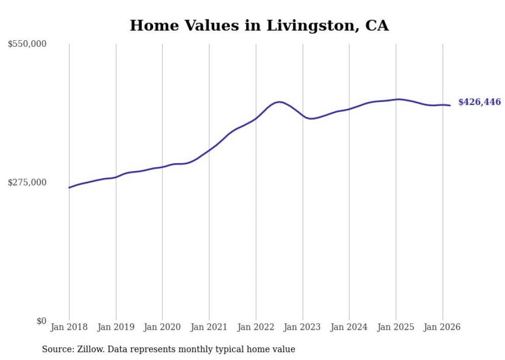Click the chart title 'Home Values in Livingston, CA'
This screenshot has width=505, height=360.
[x=259, y=25]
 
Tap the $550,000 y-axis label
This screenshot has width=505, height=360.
[x=27, y=44]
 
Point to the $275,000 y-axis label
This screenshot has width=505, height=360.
[x=27, y=182]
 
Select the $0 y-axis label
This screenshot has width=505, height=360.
[x=41, y=321]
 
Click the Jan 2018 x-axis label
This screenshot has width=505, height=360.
[x=69, y=327]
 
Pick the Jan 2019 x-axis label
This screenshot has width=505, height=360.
[x=116, y=327]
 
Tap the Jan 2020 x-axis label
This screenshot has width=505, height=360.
[x=162, y=327]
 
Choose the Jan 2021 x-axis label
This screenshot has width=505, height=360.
[x=209, y=327]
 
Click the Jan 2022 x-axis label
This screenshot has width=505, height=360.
[x=256, y=327]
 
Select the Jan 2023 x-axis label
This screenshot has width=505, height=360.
[x=302, y=327]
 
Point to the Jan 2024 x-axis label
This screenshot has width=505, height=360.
[x=349, y=327]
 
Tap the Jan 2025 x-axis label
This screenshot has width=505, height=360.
[x=396, y=327]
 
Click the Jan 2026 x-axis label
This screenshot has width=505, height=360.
[x=442, y=327]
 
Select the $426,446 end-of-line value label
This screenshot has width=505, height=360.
[x=479, y=102]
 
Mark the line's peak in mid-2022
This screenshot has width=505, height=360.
[x=279, y=102]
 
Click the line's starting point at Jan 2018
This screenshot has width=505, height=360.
[x=69, y=187]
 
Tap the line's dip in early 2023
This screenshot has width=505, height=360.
[x=311, y=119]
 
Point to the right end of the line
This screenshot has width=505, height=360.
[x=450, y=106]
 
